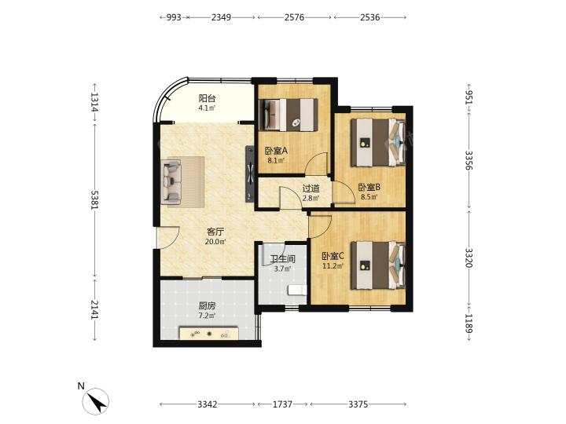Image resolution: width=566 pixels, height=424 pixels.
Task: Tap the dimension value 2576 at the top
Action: click(294, 17)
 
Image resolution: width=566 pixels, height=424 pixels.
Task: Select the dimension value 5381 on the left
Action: click(94, 199)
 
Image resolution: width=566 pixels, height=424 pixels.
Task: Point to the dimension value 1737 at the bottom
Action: click(282, 404)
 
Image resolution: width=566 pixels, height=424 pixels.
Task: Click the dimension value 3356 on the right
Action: click(469, 160)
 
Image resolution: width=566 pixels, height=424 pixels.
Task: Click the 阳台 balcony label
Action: click(208, 98)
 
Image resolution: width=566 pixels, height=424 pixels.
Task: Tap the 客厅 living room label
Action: click(215, 232)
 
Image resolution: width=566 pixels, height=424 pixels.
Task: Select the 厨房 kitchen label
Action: click(207, 305)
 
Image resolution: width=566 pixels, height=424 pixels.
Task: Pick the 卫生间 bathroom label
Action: click(283, 258)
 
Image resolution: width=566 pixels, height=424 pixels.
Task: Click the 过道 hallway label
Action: click(311, 188)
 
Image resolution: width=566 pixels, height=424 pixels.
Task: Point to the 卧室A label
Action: click(276, 151)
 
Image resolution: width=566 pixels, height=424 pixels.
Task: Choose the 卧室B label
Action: click(369, 187)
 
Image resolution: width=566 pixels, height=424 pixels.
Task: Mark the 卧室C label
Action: click(333, 256)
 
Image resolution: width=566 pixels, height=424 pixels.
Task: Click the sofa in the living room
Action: click(172, 181)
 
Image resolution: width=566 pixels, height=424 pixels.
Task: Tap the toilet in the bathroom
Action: click(297, 290)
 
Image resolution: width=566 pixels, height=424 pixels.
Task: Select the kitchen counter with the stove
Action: click(209, 333)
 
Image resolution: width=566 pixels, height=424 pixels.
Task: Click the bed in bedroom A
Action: click(289, 115)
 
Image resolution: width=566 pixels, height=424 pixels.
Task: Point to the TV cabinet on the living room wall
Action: click(250, 174)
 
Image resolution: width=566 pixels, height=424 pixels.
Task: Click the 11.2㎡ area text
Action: click(333, 266)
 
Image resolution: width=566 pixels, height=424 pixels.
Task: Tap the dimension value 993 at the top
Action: click(174, 17)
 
